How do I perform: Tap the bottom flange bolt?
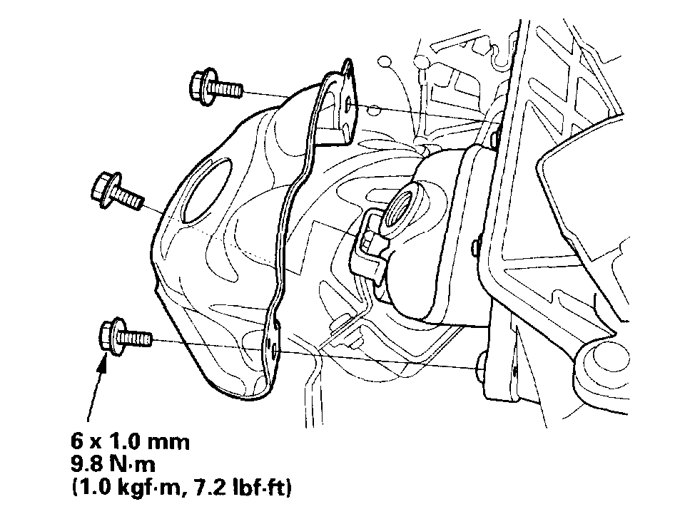126,336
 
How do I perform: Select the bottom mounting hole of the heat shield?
273,349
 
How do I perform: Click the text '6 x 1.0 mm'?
130,442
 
